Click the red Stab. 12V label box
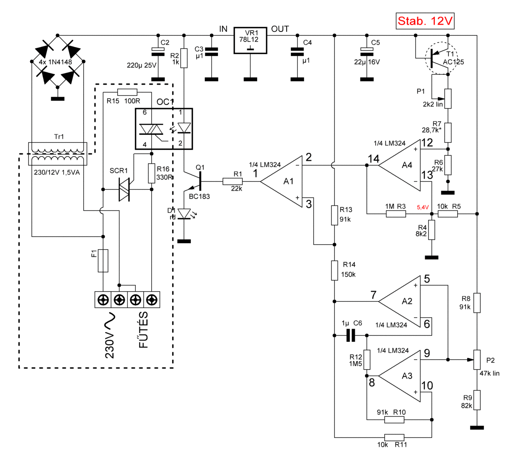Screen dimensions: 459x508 point(425,21)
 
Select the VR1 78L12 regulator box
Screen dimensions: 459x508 point(250,40)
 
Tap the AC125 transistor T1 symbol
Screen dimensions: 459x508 point(441,58)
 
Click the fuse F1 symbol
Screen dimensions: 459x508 point(103,261)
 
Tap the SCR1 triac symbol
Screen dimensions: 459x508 point(125,190)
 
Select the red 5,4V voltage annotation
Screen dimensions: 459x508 point(423,207)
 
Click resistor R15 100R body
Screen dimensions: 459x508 point(127,92)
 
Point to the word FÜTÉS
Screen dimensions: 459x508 point(143,330)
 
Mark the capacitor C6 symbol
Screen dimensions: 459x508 point(350,335)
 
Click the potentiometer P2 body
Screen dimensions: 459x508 point(477,360)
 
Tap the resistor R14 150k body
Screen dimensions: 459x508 point(335,270)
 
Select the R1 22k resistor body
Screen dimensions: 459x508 point(233,181)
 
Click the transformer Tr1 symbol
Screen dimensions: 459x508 point(58,154)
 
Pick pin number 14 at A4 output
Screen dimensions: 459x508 point(373,159)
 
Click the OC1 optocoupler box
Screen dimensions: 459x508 point(164,129)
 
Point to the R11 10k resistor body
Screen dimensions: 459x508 point(394,437)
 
